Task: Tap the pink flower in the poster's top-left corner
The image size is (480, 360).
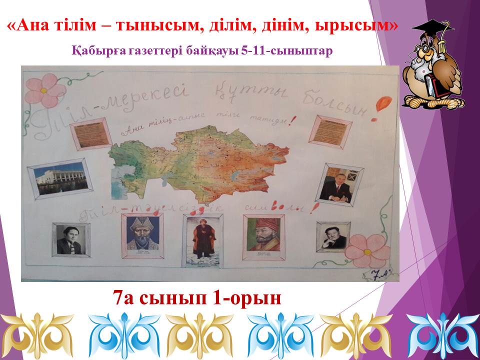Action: [45, 89]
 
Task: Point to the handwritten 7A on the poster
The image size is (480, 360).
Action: [380, 273]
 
